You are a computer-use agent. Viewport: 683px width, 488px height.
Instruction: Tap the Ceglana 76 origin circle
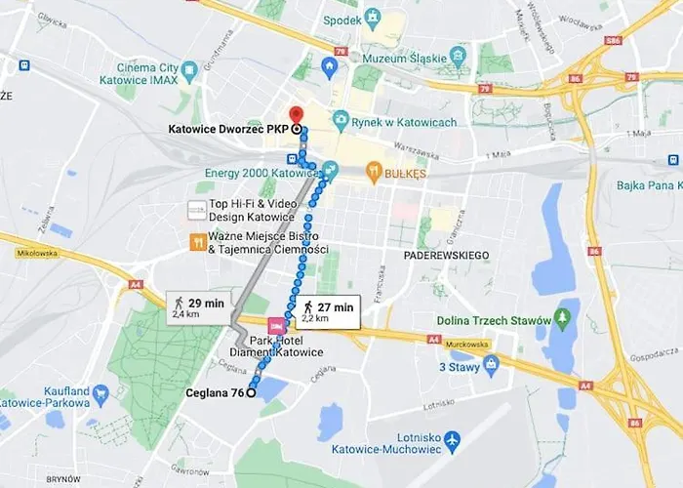coord(251,393)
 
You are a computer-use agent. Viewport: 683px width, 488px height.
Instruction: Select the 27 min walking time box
coord(327,311)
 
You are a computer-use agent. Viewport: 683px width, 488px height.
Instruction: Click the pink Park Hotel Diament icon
coord(276,323)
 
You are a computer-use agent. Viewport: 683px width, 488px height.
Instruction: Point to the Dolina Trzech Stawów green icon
coord(562,319)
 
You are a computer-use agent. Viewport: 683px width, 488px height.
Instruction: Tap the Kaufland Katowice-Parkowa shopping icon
coord(100,394)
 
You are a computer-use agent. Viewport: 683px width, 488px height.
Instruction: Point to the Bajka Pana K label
coord(651,184)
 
